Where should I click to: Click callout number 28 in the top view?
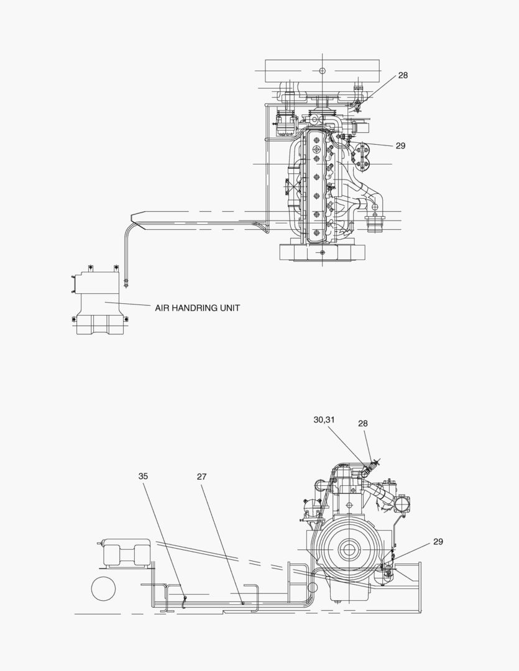[403, 75]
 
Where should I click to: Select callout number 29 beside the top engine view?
[400, 146]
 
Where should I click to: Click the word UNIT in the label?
[228, 308]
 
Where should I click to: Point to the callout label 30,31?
[324, 420]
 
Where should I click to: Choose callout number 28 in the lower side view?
[363, 423]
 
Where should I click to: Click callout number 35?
[144, 477]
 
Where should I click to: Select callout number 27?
[201, 477]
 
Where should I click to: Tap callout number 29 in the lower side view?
[438, 542]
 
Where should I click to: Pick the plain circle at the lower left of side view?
[103, 588]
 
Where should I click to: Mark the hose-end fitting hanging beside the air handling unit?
[127, 283]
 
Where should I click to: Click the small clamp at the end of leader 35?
[185, 600]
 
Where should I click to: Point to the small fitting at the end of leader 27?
[242, 602]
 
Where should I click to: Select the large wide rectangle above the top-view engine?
[322, 70]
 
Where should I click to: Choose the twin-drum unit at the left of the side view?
[126, 552]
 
